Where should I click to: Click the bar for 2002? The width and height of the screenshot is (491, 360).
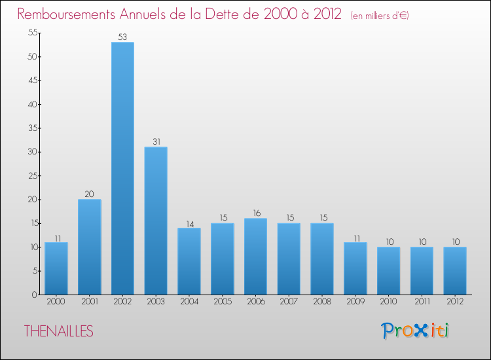tap(122, 168)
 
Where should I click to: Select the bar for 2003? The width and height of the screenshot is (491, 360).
tap(156, 221)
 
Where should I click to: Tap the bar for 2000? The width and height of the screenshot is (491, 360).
tap(56, 268)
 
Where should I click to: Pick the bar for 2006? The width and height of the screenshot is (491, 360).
tap(255, 257)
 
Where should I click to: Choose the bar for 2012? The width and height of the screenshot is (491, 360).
tap(455, 270)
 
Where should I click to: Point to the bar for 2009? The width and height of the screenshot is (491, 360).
tap(355, 268)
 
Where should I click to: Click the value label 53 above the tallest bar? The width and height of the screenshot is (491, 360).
tap(122, 37)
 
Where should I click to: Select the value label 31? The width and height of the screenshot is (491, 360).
tap(156, 142)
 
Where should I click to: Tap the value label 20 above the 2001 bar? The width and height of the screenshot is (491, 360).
tap(89, 194)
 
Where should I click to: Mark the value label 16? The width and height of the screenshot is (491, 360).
tap(255, 213)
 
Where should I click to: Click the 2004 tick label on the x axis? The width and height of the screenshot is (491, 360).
tap(189, 302)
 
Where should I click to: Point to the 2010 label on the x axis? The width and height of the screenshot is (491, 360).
tap(388, 302)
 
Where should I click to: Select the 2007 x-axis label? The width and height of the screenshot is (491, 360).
tap(289, 302)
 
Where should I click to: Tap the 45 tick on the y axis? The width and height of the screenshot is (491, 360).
tap(30, 81)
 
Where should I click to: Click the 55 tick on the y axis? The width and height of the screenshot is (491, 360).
tap(30, 33)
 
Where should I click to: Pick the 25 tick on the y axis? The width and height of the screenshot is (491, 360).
tap(30, 175)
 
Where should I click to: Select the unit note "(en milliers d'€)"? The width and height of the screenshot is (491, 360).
tap(380, 15)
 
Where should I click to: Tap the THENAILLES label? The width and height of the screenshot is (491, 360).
tap(58, 331)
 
